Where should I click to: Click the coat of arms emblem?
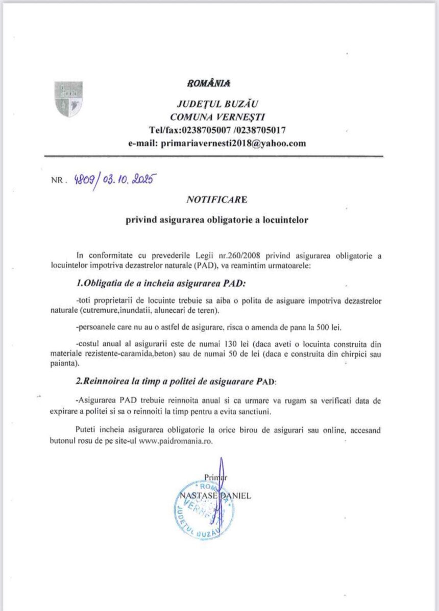[68, 99]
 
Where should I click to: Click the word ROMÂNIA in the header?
[209, 82]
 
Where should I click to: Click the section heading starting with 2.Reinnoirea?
[177, 382]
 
